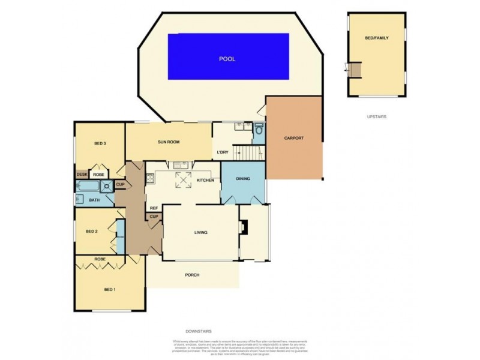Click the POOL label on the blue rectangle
[227, 59]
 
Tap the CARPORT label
[295, 138]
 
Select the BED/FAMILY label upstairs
[377, 38]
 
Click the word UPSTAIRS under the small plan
[377, 116]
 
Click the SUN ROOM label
[169, 143]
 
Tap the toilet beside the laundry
[259, 129]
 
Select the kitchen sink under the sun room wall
[179, 165]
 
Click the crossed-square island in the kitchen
[182, 179]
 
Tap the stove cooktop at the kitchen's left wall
[148, 178]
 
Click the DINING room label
[243, 179]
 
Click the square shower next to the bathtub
[106, 185]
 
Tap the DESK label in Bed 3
[82, 174]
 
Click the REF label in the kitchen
[154, 208]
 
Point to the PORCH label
[192, 275]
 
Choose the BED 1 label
[109, 290]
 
